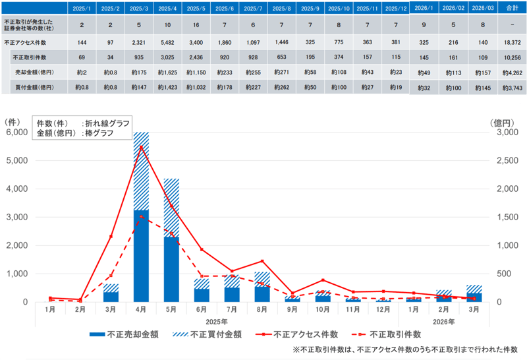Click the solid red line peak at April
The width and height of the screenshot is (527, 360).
pos(141,146)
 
